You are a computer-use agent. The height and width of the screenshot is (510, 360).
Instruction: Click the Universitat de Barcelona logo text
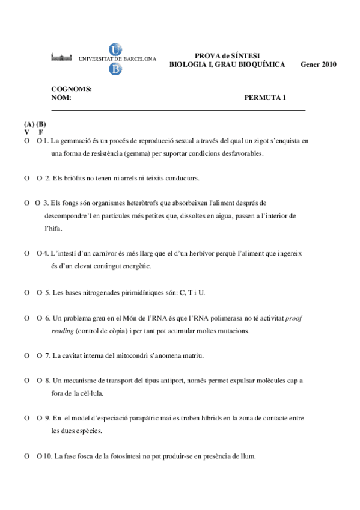pos(117,59)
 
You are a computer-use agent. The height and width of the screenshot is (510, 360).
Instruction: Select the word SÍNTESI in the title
pos(243,55)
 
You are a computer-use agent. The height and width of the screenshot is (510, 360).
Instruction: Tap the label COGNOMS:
pos(72,89)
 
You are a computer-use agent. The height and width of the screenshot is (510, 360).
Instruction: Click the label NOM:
pos(61,97)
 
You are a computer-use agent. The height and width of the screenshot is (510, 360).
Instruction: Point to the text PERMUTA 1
pos(265,97)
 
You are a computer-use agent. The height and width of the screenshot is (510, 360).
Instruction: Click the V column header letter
pos(27,132)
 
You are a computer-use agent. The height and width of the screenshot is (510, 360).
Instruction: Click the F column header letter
pos(40,132)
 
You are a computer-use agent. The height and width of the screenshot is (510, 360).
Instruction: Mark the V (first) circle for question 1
pos(27,141)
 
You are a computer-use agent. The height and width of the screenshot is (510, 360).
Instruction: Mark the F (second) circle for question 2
pos(39,179)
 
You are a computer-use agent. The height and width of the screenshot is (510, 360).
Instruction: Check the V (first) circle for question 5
pos(27,292)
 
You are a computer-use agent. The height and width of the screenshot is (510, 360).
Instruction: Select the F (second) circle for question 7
pos(39,355)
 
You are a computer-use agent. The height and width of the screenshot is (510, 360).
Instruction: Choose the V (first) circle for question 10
pos(27,456)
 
